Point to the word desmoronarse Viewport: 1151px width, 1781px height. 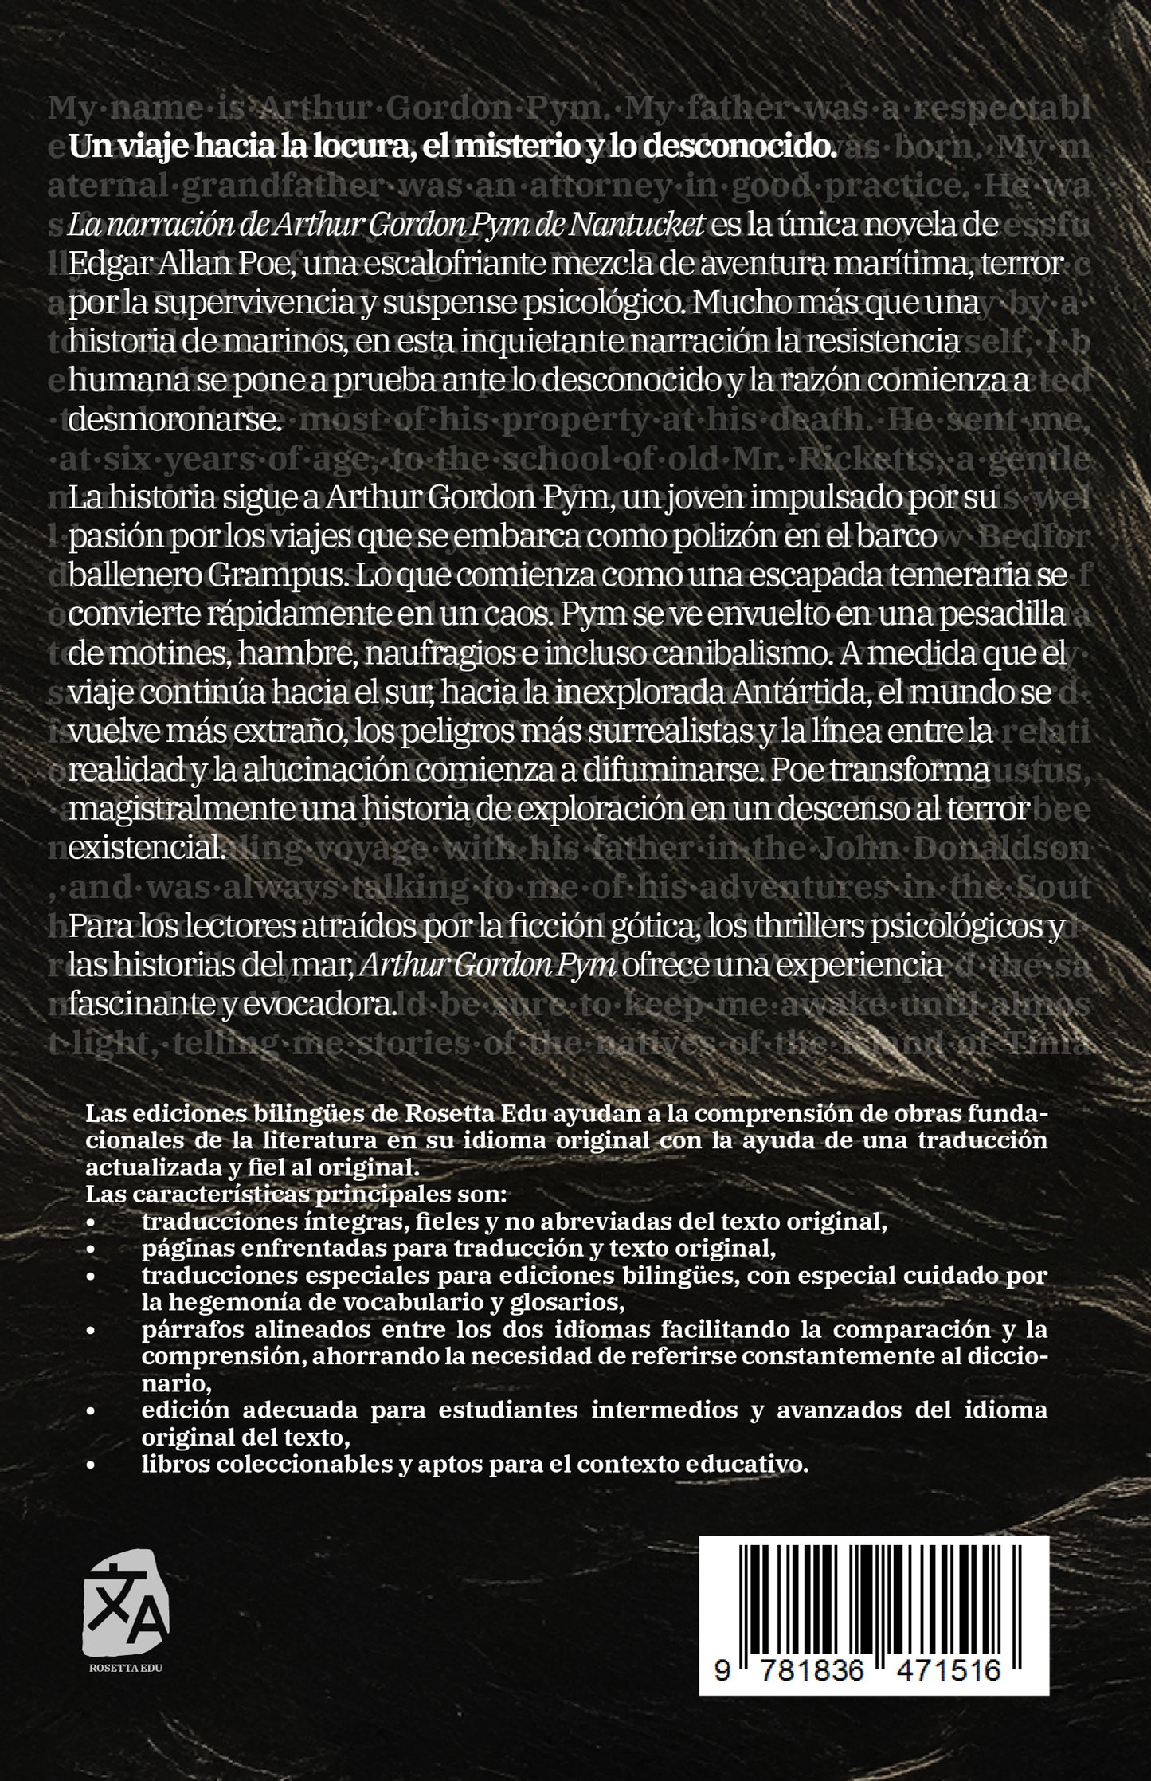pos(175,419)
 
